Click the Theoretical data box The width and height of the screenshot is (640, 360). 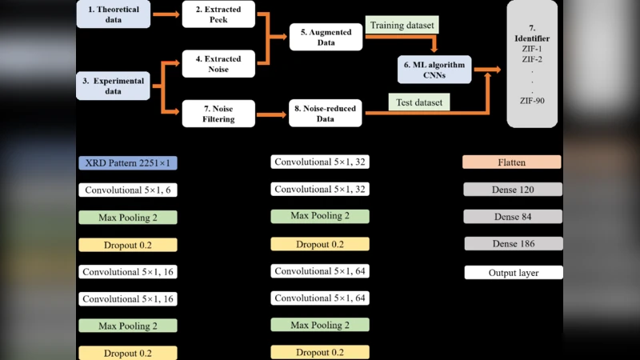[113, 14]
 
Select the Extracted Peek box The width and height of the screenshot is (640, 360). [218, 14]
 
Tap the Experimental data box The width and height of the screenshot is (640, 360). [113, 86]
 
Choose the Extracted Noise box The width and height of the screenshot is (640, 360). [218, 64]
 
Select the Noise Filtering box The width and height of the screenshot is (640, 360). [218, 114]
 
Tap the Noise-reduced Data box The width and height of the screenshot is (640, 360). [325, 114]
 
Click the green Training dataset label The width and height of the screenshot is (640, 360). [402, 26]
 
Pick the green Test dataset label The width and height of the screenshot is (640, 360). [418, 102]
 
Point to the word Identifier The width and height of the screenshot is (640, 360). [533, 38]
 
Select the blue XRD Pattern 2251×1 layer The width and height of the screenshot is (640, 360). [128, 163]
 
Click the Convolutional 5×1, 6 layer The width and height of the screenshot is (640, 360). [128, 190]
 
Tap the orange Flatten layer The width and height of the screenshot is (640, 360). [512, 162]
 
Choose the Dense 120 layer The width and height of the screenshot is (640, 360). [513, 190]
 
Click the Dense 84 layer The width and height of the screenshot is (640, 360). [513, 217]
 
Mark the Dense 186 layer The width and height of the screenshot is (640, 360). [513, 244]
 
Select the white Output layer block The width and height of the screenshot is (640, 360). [513, 273]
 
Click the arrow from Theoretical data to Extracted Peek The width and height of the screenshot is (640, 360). [166, 14]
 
